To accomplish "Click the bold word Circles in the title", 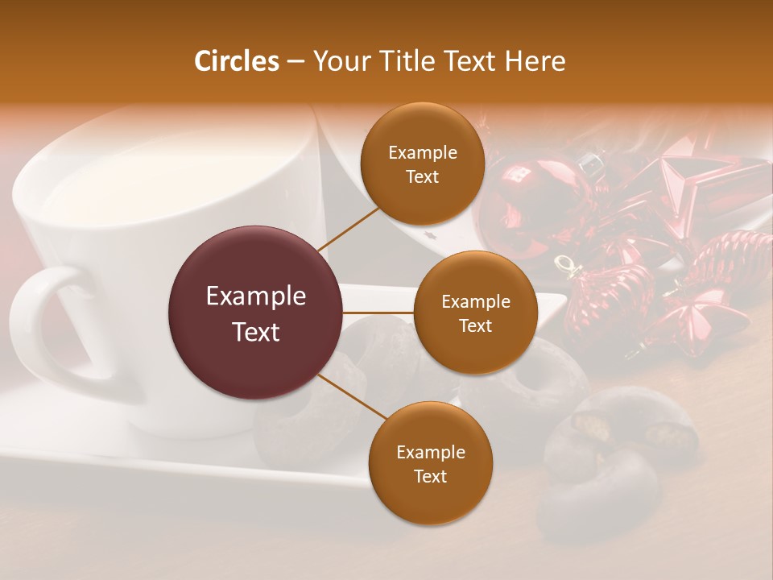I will point(236,61).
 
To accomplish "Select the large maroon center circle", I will point(256,313).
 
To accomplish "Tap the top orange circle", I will point(422,164).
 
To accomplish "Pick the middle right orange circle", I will point(475,313).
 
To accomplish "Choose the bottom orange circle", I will point(430,463).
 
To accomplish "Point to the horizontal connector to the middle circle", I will point(378,313).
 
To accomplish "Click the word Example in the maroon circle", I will point(256,296).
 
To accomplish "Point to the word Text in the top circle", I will point(422,176).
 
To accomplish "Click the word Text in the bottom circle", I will point(430,476).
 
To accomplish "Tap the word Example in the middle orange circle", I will point(475,302).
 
